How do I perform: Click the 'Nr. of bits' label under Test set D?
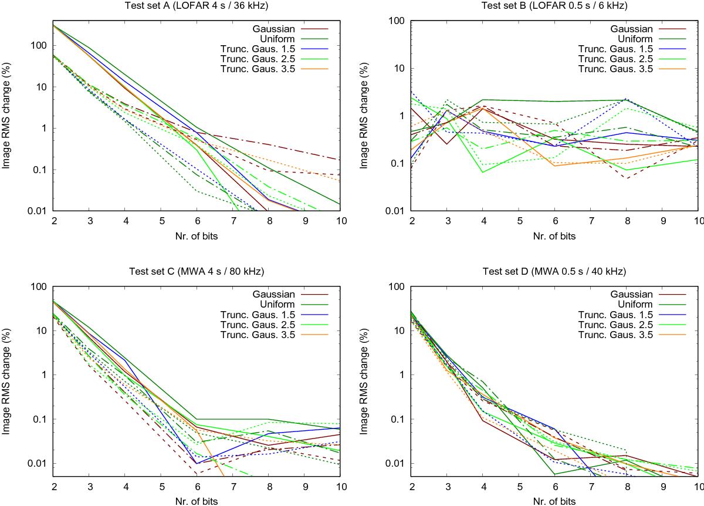[554, 500]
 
